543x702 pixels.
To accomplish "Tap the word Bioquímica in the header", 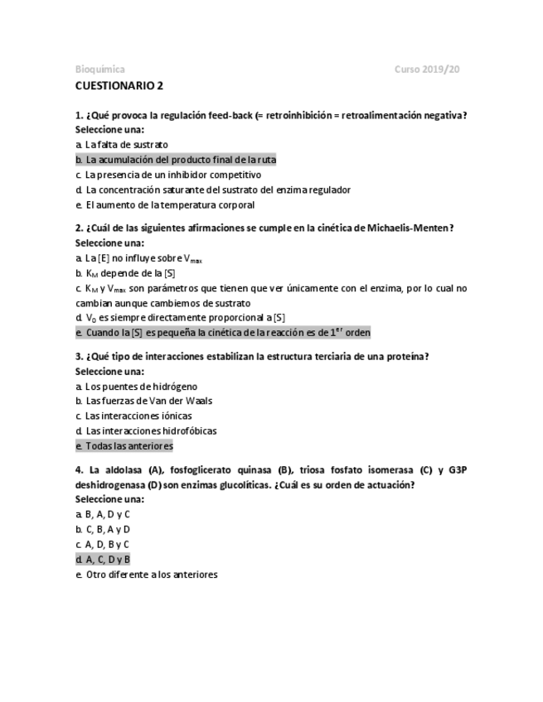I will coord(99,69).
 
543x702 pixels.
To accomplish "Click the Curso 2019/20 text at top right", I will coord(426,69).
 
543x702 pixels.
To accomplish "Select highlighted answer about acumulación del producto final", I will coord(175,160).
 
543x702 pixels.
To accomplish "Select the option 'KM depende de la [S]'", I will coord(124,273).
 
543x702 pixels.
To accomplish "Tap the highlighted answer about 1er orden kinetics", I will coord(222,333).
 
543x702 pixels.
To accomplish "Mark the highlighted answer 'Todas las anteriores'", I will coord(124,446).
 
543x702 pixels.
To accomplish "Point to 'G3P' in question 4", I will coord(458,470).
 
